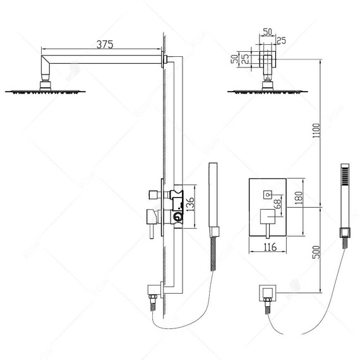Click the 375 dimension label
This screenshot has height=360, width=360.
pyautogui.click(x=105, y=44)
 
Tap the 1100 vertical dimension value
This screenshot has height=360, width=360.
pyautogui.click(x=316, y=131)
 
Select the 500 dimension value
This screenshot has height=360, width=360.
pyautogui.click(x=316, y=252)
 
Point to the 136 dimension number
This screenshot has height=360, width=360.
pyautogui.click(x=189, y=204)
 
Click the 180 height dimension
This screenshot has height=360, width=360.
pyautogui.click(x=299, y=198)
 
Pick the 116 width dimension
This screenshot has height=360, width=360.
pyautogui.click(x=270, y=248)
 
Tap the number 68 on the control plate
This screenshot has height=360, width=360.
pyautogui.click(x=277, y=204)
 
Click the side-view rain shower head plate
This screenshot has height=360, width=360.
pyautogui.click(x=45, y=92)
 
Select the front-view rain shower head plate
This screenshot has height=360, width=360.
pyautogui.click(x=268, y=92)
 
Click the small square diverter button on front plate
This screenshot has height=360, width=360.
pyautogui.click(x=268, y=195)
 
